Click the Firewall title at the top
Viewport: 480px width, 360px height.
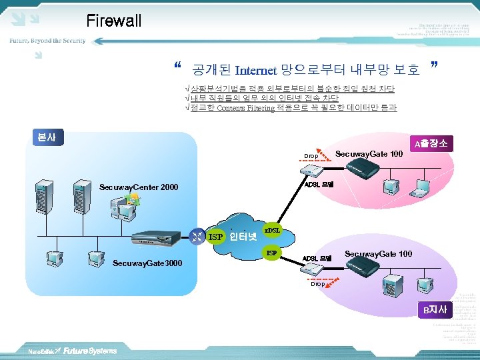[x=114, y=21]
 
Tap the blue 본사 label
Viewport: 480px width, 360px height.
[x=47, y=138]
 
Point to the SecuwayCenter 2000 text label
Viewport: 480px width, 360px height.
[x=138, y=187]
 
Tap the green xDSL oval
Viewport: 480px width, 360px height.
[x=273, y=230]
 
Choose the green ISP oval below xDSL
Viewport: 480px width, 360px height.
[x=271, y=253]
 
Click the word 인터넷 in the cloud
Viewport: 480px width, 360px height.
[x=243, y=236]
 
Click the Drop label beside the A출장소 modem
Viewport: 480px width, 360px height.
[x=311, y=156]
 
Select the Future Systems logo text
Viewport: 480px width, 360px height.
[x=90, y=351]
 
